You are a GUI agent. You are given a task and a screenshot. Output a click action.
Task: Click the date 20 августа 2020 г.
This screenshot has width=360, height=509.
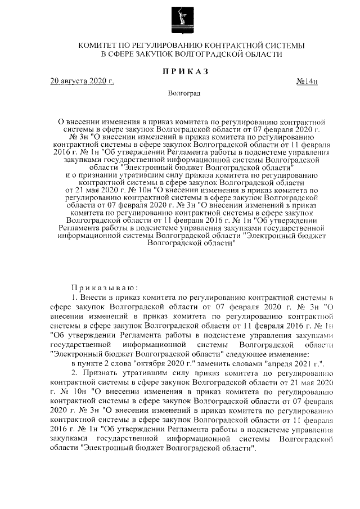click(82, 82)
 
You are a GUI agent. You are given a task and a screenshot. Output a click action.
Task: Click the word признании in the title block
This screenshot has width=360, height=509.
click(94, 175)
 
